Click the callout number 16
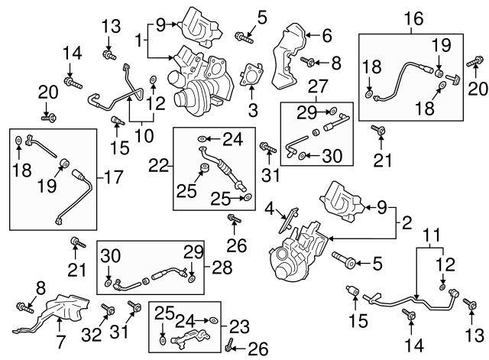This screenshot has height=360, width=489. [412, 18]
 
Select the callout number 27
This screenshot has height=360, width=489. [316, 86]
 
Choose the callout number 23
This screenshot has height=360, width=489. [238, 326]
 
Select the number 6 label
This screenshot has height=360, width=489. [326, 34]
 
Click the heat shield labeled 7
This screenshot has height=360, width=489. [65, 315]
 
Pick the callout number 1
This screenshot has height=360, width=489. [139, 38]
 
